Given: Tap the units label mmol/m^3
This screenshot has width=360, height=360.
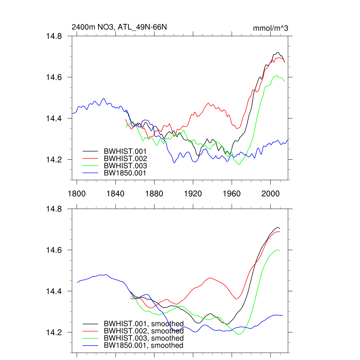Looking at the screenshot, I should click(270, 28).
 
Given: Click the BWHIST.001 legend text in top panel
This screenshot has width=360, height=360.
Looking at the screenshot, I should click(125, 151).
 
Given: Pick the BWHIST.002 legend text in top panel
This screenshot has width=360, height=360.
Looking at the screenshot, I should click(125, 158).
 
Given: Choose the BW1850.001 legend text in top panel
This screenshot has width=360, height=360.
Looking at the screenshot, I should click(125, 173).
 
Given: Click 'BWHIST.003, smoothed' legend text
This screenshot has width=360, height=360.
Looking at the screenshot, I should click(143, 338).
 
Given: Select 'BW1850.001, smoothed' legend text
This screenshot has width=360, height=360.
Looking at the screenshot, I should click(143, 346).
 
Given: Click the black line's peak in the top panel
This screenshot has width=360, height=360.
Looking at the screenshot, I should click(277, 52).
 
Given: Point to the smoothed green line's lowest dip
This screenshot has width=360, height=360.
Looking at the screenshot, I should click(239, 334).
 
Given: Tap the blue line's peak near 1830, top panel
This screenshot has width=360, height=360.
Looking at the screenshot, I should click(103, 98).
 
